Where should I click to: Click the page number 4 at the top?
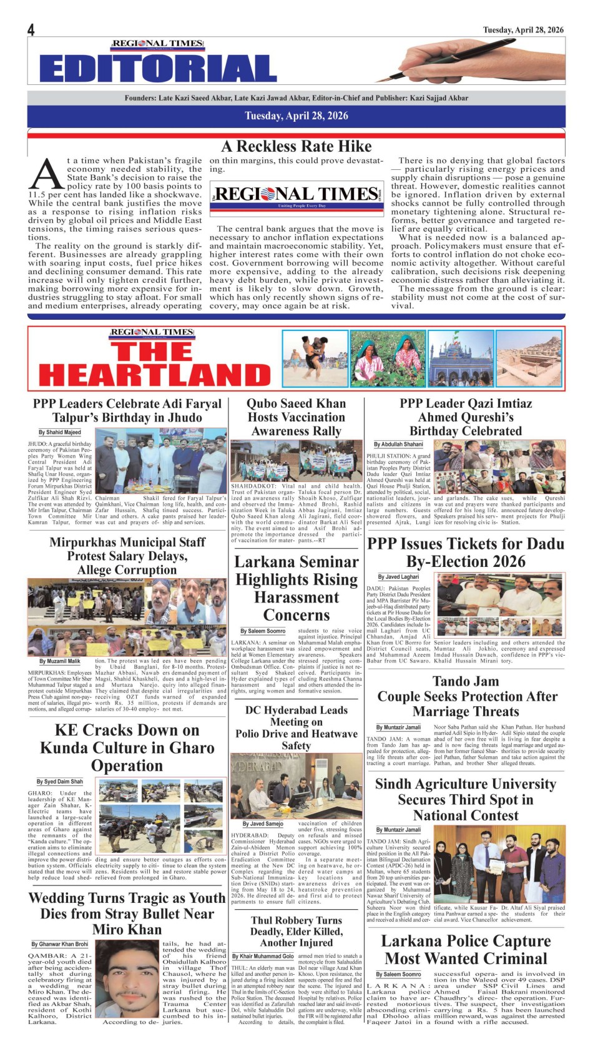[31, 30]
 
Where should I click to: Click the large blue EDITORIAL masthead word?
[158, 68]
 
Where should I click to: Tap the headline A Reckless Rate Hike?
[296, 147]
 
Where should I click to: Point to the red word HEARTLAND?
[155, 374]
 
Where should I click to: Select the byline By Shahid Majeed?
[60, 432]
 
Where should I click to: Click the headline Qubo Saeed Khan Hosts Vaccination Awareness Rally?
[296, 417]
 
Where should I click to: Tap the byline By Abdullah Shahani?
[398, 445]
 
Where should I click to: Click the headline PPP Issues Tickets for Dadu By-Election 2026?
[466, 552]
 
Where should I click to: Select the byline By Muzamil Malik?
[60, 661]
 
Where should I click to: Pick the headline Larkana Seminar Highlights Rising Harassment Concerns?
[296, 588]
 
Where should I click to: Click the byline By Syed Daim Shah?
[59, 782]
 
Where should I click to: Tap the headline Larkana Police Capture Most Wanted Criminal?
[466, 949]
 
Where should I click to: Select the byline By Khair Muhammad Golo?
[263, 957]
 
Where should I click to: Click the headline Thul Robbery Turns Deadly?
[296, 931]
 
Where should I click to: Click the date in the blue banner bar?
[296, 116]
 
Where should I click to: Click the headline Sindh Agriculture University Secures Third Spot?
[466, 799]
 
